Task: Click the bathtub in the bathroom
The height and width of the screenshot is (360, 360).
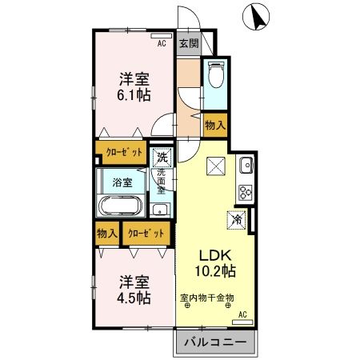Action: tap(121, 206)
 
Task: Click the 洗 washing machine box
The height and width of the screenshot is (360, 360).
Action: tap(163, 157)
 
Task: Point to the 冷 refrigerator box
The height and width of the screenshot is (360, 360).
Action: tap(238, 216)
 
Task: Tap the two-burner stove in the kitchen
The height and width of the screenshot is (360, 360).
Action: tap(245, 193)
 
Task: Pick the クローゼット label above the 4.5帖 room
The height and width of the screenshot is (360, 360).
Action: tap(148, 233)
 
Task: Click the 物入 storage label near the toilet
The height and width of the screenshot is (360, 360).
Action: tap(214, 125)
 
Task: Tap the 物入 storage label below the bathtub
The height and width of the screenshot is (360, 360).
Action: tap(106, 233)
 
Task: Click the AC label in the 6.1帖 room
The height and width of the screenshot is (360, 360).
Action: tap(161, 44)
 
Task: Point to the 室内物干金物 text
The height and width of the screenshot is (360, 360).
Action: tap(206, 298)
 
